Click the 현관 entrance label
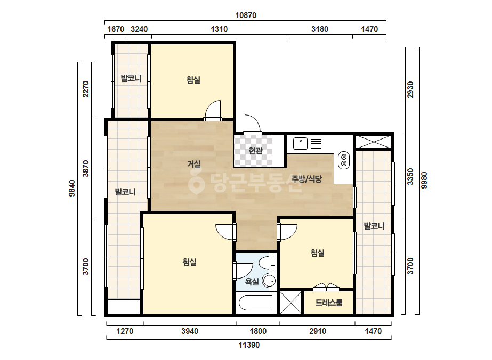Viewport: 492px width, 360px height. pyautogui.click(x=255, y=151)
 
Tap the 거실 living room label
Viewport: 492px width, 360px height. pyautogui.click(x=194, y=163)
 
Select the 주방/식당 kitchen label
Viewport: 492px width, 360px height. pyautogui.click(x=307, y=179)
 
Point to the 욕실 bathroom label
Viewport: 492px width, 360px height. pyautogui.click(x=252, y=282)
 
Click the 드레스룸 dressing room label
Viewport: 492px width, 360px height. pyautogui.click(x=329, y=302)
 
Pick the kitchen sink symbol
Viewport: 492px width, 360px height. pyautogui.click(x=300, y=144)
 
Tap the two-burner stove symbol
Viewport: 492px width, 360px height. pyautogui.click(x=344, y=160)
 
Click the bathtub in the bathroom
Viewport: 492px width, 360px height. pyautogui.click(x=255, y=303)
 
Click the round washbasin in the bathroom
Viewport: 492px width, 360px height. pyautogui.click(x=269, y=281)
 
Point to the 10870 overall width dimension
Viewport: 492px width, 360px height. pyautogui.click(x=246, y=15)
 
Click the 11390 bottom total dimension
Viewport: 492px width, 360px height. pyautogui.click(x=249, y=345)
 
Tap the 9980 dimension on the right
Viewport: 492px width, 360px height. pyautogui.click(x=424, y=181)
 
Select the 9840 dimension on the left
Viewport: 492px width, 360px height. pyautogui.click(x=72, y=188)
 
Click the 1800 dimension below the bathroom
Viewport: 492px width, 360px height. pyautogui.click(x=258, y=331)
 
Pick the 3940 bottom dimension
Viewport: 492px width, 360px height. pyautogui.click(x=190, y=331)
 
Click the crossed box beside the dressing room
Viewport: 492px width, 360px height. pyautogui.click(x=290, y=302)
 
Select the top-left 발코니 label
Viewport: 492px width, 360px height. pyautogui.click(x=131, y=78)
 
